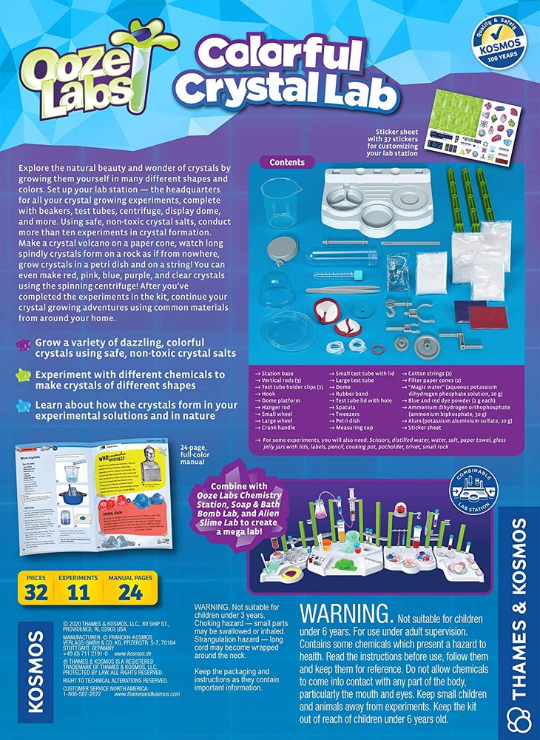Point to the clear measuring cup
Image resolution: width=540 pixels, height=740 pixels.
click(x=280, y=202)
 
